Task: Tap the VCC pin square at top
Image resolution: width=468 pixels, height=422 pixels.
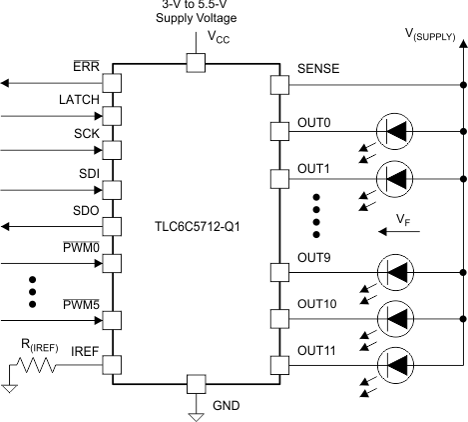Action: coord(196,63)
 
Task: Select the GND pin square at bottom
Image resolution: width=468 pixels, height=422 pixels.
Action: coord(196,383)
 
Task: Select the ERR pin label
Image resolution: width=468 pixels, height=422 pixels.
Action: coord(86,66)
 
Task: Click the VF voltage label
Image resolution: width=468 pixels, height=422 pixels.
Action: coord(400,217)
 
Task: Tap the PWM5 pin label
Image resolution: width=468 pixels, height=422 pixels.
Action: coord(85,305)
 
